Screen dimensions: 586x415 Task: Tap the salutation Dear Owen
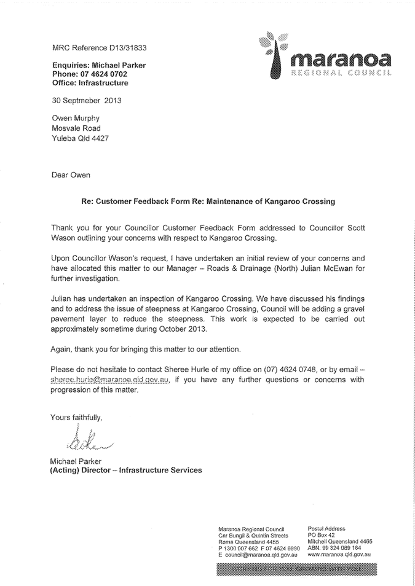click(x=71, y=175)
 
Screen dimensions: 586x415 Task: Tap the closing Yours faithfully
click(x=76, y=417)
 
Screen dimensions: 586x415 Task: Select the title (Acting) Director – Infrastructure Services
click(x=126, y=471)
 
